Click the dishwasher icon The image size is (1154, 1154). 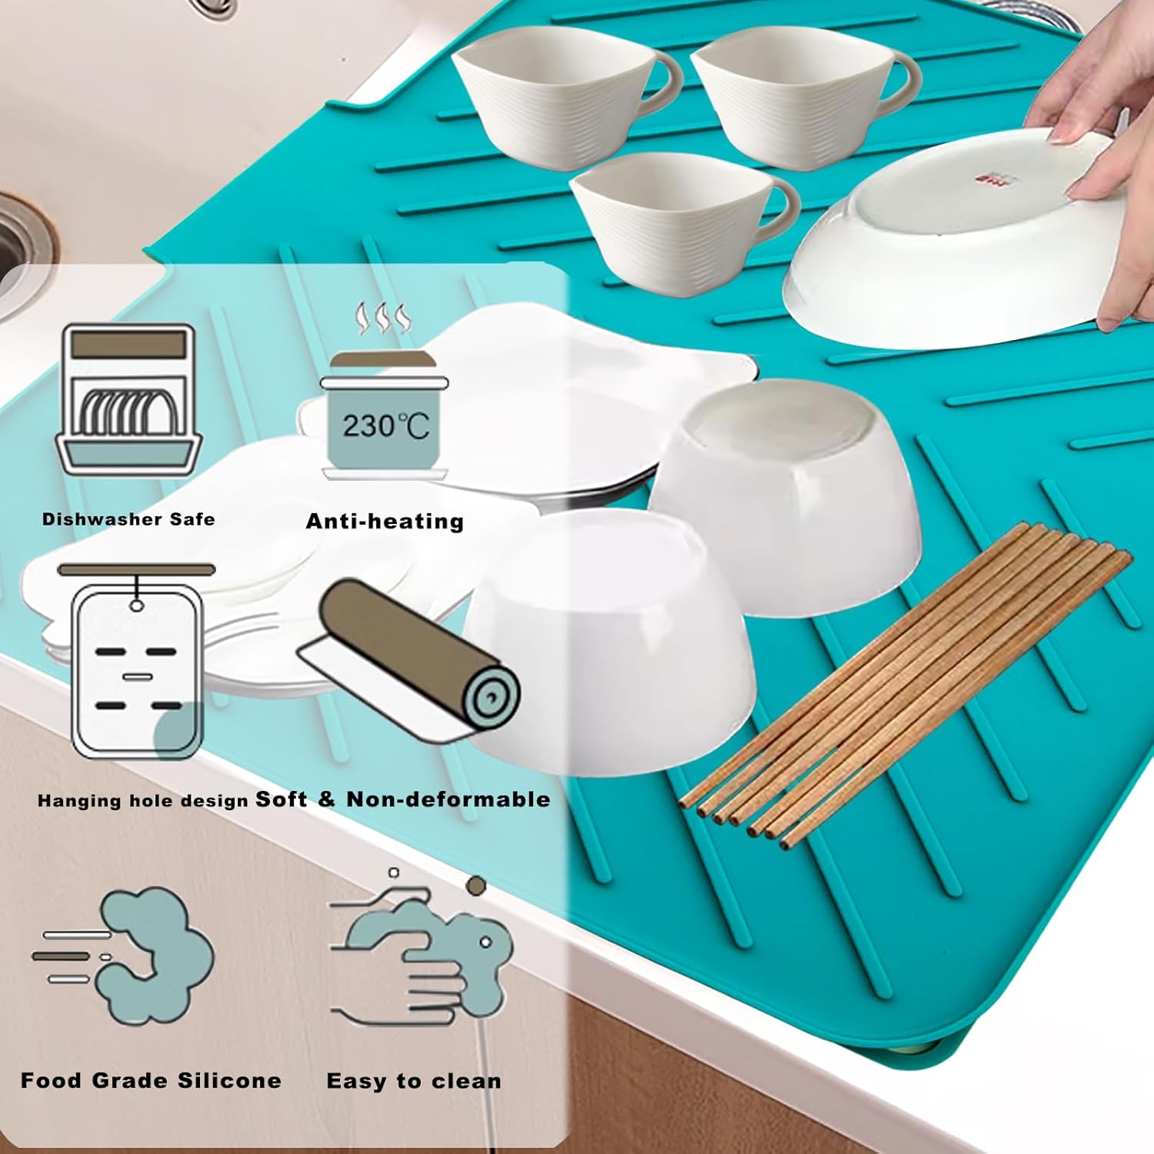[128, 399]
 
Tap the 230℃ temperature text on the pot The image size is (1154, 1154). [385, 425]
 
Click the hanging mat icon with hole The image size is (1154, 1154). [137, 662]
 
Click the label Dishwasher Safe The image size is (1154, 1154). [128, 519]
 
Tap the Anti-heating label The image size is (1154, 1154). [385, 522]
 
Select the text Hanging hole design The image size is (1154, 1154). [142, 801]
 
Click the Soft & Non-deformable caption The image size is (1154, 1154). [402, 799]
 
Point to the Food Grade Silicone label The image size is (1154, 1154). [151, 1081]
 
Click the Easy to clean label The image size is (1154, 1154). [414, 1081]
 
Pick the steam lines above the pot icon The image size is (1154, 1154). [382, 319]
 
